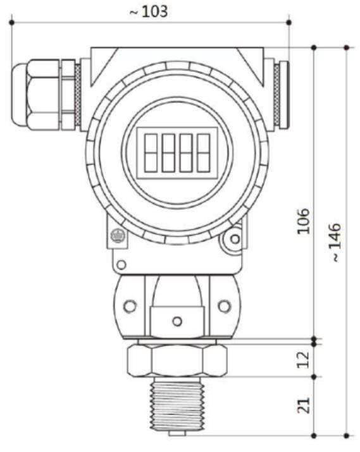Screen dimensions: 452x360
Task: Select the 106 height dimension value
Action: (304, 219)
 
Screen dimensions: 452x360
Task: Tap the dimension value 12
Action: (304, 359)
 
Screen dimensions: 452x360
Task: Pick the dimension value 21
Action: (304, 405)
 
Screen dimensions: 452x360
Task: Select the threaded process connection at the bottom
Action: (177, 405)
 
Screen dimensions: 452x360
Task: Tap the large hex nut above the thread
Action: (177, 360)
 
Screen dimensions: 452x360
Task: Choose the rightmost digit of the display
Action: (203, 152)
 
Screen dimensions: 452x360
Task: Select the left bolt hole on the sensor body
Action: (130, 306)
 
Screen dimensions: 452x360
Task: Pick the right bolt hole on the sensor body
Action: (225, 306)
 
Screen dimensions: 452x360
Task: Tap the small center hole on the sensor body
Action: (177, 321)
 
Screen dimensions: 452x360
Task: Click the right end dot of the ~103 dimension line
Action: (289, 23)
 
